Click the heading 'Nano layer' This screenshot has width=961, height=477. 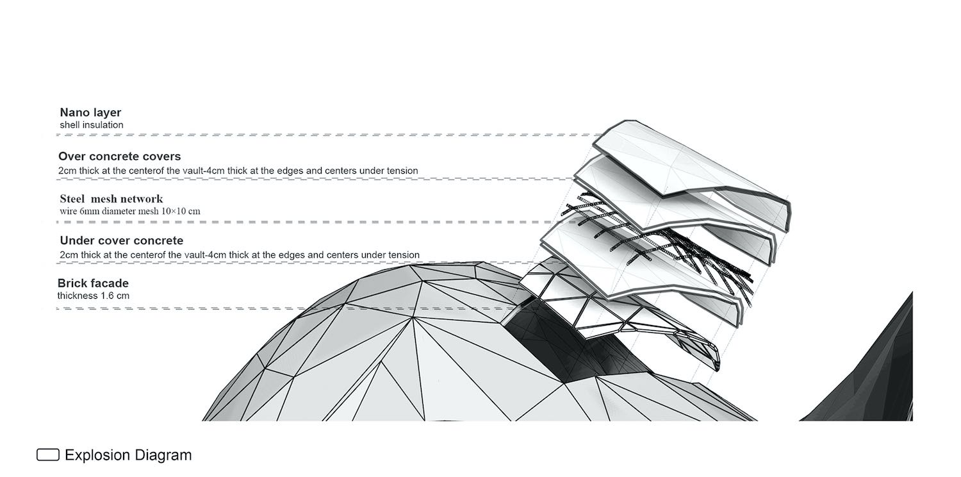[x=90, y=112]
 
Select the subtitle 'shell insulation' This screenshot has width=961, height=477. [x=92, y=125]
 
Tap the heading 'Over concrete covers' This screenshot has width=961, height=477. [x=119, y=156]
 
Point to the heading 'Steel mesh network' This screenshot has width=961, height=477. [x=111, y=199]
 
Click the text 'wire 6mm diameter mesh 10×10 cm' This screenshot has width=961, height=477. [x=130, y=211]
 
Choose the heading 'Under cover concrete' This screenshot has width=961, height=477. [x=122, y=240]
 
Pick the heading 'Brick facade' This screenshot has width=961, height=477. [x=93, y=283]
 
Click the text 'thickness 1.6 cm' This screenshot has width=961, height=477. [x=93, y=296]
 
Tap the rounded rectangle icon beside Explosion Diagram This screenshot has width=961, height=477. [x=48, y=455]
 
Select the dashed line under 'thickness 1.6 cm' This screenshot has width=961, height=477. [x=288, y=308]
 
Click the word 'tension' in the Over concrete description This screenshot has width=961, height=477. [x=402, y=171]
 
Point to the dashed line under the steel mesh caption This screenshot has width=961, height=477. [x=315, y=222]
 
